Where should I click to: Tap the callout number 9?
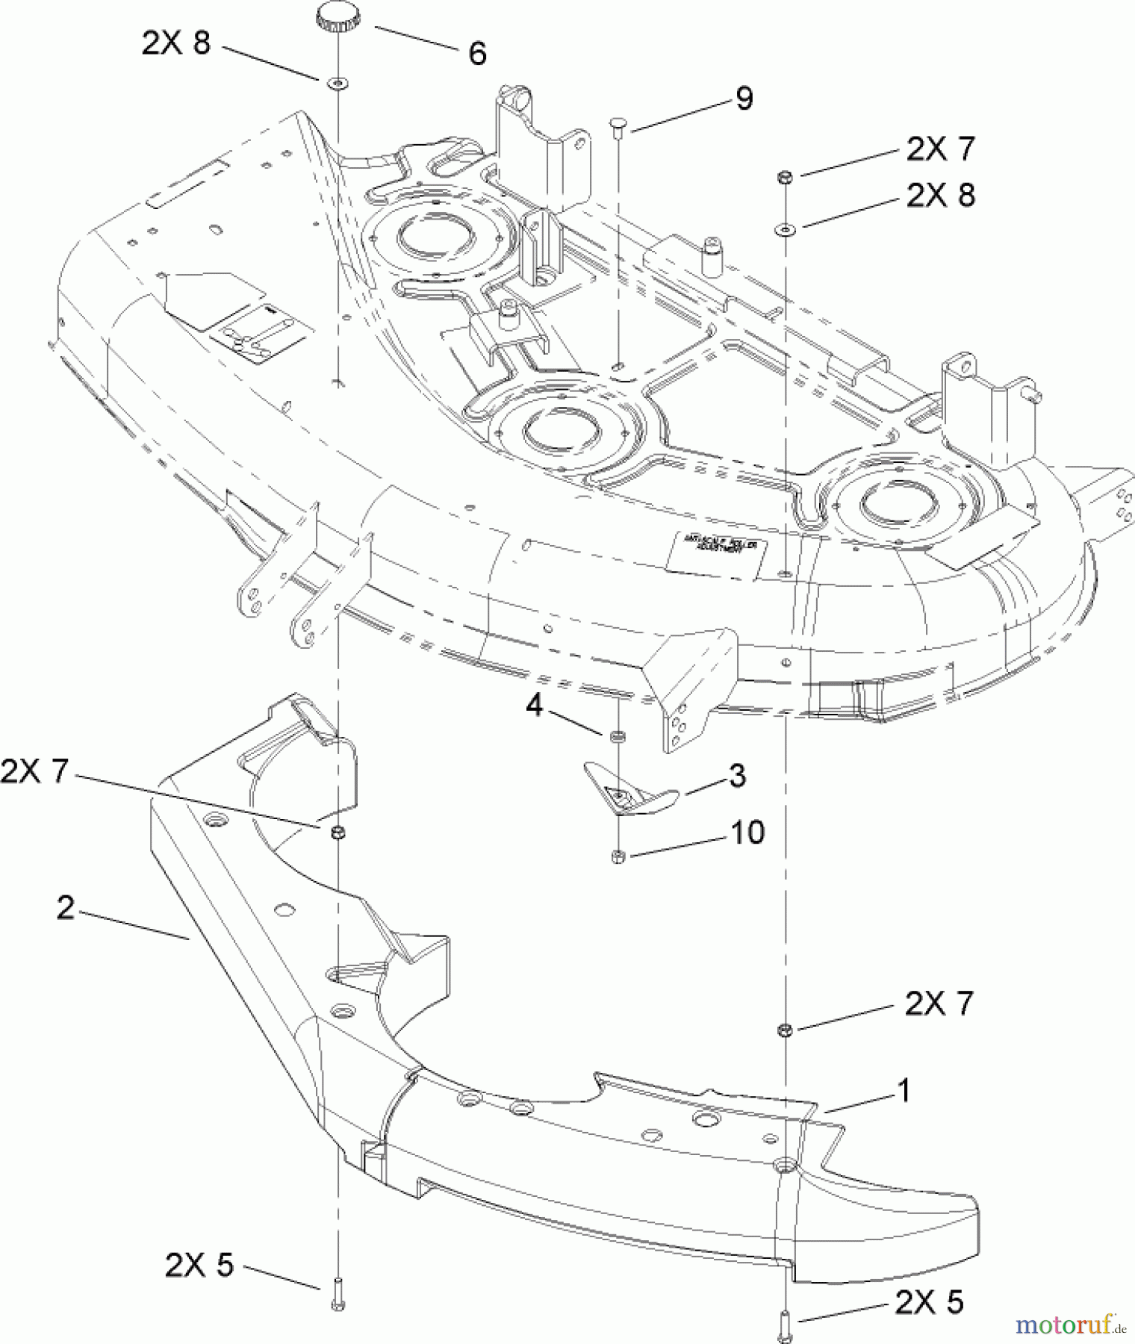[744, 99]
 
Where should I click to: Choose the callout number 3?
[736, 776]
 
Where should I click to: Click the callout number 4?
[533, 705]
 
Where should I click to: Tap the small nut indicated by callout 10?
[618, 856]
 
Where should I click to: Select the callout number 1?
[904, 1092]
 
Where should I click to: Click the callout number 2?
[66, 908]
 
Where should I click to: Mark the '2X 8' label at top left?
[176, 44]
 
